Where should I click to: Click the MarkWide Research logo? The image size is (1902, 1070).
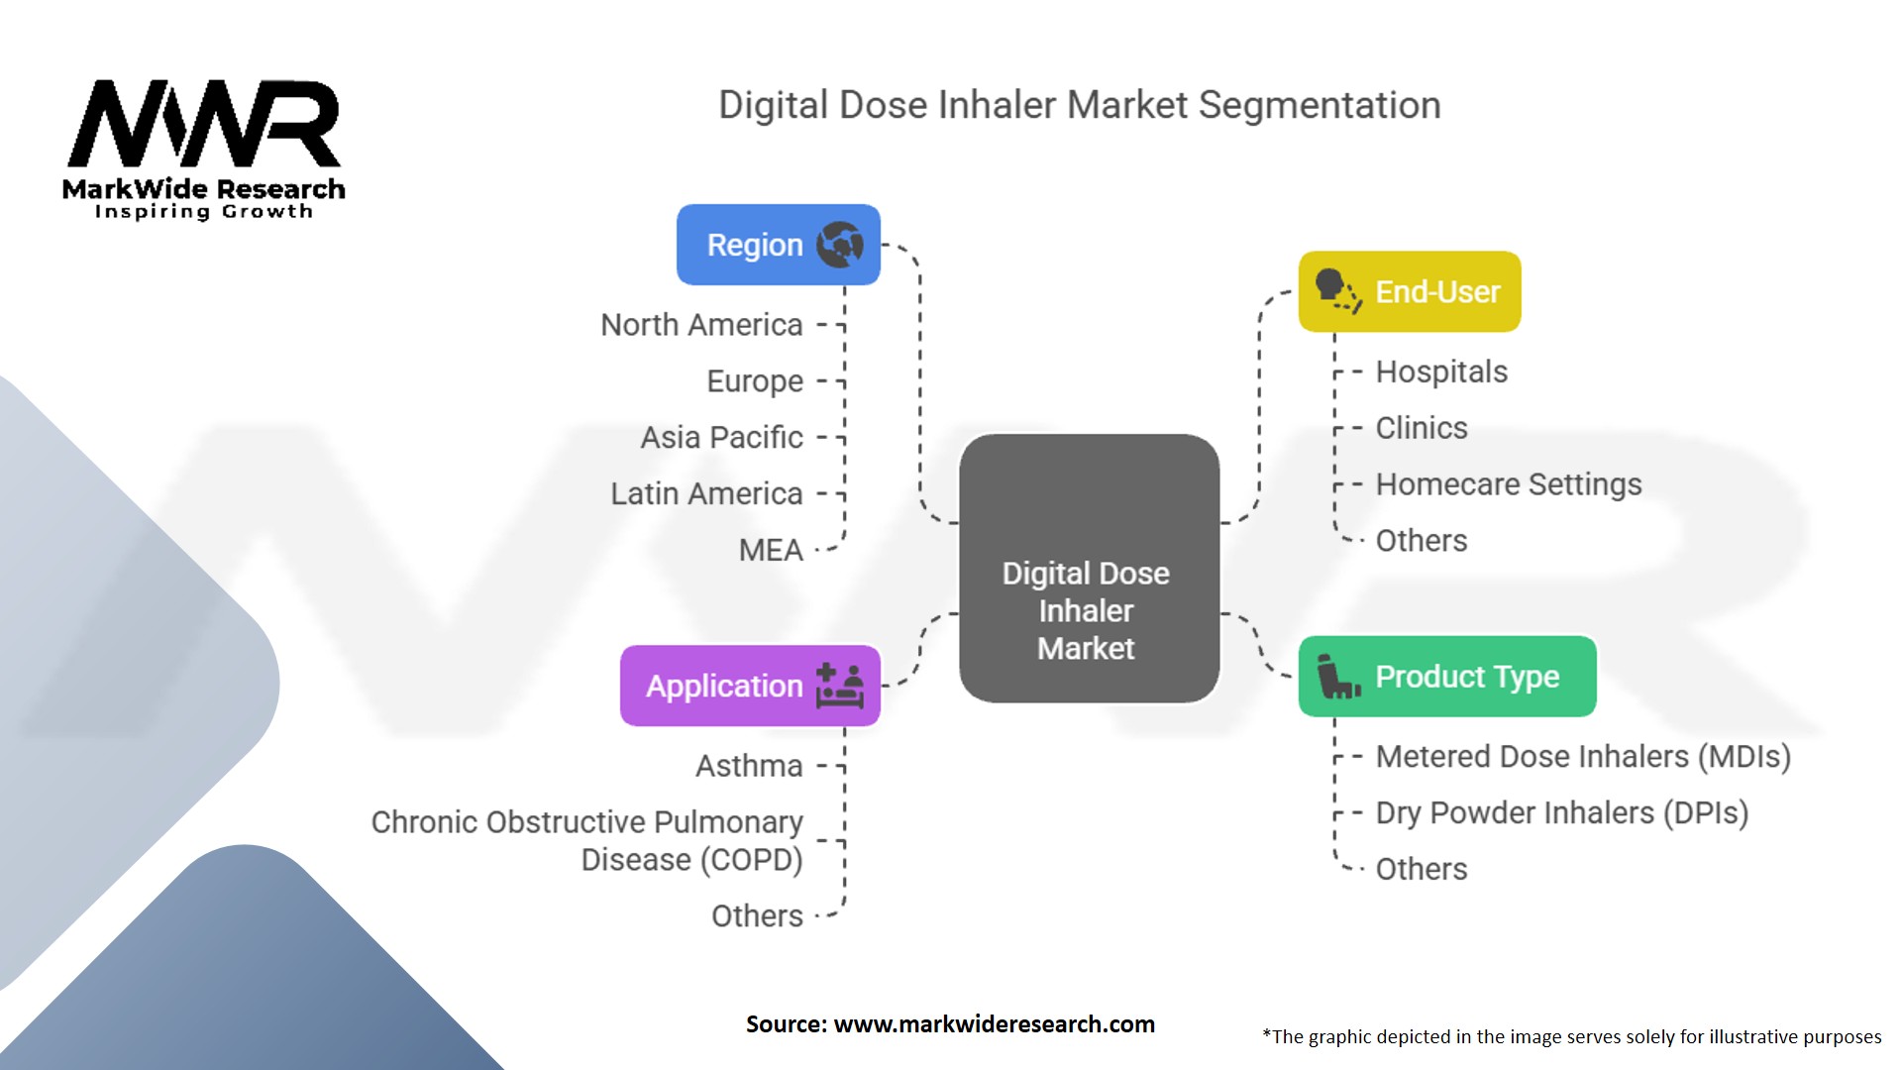pyautogui.click(x=204, y=149)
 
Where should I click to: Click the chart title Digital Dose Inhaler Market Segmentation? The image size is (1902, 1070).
pyautogui.click(x=1079, y=105)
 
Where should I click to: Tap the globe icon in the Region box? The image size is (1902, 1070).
pyautogui.click(x=839, y=244)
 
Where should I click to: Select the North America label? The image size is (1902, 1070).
pyautogui.click(x=701, y=325)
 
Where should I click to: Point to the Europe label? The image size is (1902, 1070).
pyautogui.click(x=754, y=381)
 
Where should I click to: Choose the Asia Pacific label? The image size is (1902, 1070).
pyautogui.click(x=721, y=437)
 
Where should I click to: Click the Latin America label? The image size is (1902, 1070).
pyautogui.click(x=706, y=493)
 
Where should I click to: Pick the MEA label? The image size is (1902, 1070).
pyautogui.click(x=771, y=550)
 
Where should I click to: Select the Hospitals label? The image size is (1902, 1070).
pyautogui.click(x=1441, y=372)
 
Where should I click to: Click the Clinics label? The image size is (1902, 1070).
pyautogui.click(x=1422, y=428)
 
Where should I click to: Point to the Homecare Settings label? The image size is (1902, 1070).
pyautogui.click(x=1509, y=484)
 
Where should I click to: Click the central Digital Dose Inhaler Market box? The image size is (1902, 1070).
pyautogui.click(x=1088, y=569)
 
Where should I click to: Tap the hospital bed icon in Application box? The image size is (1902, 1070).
pyautogui.click(x=840, y=686)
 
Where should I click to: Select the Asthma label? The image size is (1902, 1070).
pyautogui.click(x=749, y=766)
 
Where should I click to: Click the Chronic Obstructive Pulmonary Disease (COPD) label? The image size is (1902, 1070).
pyautogui.click(x=587, y=841)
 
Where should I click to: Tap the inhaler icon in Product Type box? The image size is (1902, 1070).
pyautogui.click(x=1337, y=677)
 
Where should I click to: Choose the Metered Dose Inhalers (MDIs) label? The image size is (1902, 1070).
pyautogui.click(x=1583, y=757)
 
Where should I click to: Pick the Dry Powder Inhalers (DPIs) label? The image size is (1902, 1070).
pyautogui.click(x=1562, y=813)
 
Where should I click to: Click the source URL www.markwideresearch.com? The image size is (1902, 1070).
pyautogui.click(x=994, y=1024)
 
